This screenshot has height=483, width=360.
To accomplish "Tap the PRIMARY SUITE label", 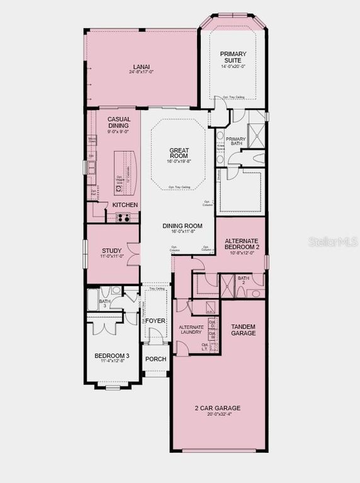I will (233, 57).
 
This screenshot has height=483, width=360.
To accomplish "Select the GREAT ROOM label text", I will (179, 153).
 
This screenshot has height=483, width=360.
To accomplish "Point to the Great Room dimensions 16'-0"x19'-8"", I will (179, 162).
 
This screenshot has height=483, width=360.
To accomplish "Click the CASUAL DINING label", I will (118, 122).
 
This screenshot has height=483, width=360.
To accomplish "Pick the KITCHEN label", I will (125, 205).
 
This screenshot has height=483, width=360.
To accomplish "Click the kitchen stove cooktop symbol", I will (123, 218).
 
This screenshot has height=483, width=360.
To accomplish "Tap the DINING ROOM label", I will (182, 226).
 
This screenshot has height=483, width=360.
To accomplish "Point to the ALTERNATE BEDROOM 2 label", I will (242, 243).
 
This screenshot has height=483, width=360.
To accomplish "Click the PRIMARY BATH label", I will (235, 142).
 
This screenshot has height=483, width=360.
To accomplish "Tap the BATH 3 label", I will (104, 303).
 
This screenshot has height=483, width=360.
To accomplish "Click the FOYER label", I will (155, 320).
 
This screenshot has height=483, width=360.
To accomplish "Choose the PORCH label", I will (155, 359).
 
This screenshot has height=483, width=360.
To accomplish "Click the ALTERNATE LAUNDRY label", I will (191, 330).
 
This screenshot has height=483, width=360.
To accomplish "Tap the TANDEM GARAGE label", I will (244, 329).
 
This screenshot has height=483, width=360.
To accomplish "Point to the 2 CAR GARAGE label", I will (217, 408).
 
